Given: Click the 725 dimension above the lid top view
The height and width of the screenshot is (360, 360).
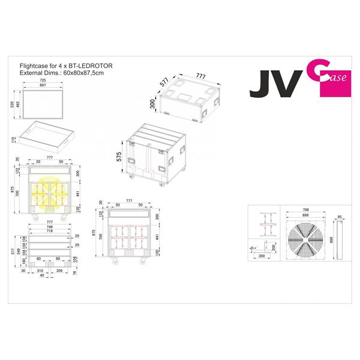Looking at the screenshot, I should coord(43,80).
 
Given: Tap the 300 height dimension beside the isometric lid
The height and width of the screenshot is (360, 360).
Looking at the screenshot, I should coord(153,104).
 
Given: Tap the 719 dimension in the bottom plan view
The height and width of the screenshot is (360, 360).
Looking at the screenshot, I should coord(50,230).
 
